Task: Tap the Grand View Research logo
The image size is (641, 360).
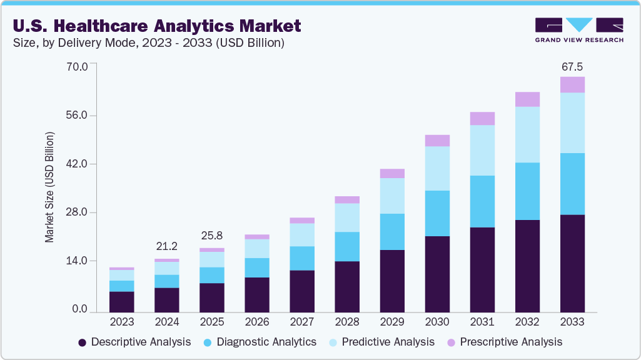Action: coord(579,29)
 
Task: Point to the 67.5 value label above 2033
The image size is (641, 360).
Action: coord(572,66)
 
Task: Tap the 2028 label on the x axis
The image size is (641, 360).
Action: coord(347,322)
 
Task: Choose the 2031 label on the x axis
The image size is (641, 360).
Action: coord(482,322)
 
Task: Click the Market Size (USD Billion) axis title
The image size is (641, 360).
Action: coord(49,187)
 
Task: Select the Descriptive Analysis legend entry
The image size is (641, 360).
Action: coord(134,342)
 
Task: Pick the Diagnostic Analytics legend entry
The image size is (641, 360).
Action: coord(260,342)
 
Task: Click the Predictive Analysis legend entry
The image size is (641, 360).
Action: coord(382,342)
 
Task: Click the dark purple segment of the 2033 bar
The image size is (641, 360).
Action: coord(572,263)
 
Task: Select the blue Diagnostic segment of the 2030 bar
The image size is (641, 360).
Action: coord(437,213)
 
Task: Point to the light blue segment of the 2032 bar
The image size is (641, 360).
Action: coord(527,134)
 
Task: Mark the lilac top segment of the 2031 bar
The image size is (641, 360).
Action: coord(482,118)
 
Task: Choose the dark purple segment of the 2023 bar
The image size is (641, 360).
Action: coord(122,302)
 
